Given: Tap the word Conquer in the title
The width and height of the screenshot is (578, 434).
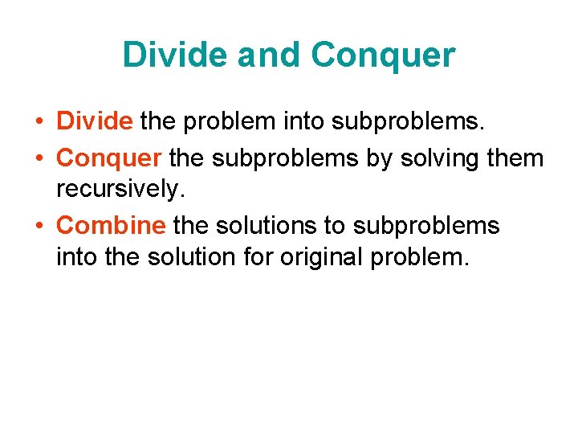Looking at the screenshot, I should coord(383,55).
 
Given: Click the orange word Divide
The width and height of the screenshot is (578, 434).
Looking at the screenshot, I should coord(95,121).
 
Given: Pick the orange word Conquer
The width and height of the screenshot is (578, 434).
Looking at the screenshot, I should coord(109,158).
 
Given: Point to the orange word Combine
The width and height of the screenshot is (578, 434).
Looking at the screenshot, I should coord(112,226).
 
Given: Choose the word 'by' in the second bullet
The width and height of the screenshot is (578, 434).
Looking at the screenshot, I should coord(379,158).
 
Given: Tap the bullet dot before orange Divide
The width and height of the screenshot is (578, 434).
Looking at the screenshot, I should coord(39,122).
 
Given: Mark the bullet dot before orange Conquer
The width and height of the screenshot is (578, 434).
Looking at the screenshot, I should coord(39,158).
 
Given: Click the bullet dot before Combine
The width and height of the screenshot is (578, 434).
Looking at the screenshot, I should coord(39,227).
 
